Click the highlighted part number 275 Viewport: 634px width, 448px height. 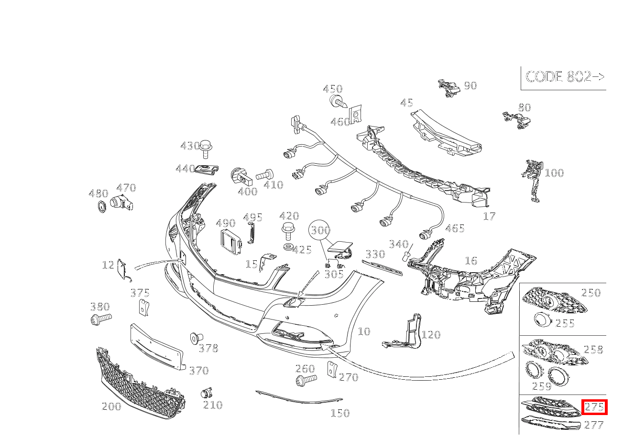pyautogui.click(x=594, y=407)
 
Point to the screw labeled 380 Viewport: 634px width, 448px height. pyautogui.click(x=100, y=319)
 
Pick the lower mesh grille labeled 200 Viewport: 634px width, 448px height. pyautogui.click(x=141, y=384)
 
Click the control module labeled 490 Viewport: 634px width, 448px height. pyautogui.click(x=231, y=241)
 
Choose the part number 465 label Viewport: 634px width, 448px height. pyautogui.click(x=455, y=229)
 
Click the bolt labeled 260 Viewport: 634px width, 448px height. pyautogui.click(x=305, y=380)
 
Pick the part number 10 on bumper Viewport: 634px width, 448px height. pyautogui.click(x=364, y=331)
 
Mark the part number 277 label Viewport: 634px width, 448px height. pyautogui.click(x=594, y=425)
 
